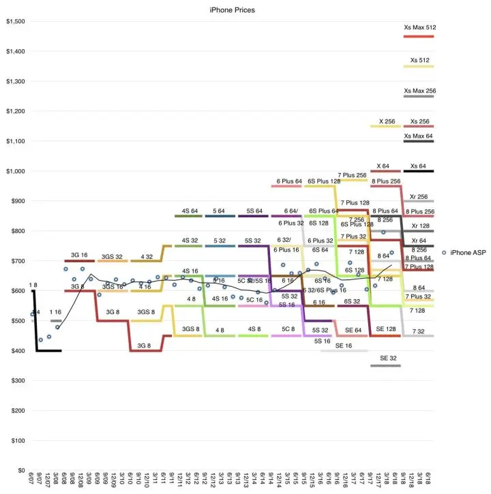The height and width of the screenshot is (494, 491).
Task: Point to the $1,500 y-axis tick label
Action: pyautogui.click(x=15, y=21)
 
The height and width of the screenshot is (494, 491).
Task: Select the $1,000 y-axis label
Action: pyautogui.click(x=15, y=171)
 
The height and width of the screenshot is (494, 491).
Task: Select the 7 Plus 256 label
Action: pyautogui.click(x=353, y=175)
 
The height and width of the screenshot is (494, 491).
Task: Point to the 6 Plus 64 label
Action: pyautogui.click(x=289, y=181)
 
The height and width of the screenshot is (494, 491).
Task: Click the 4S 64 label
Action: pyautogui.click(x=190, y=211)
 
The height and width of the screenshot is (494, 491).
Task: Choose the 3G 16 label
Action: pyautogui.click(x=78, y=255)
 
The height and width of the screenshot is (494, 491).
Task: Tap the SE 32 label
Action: pyautogui.click(x=389, y=358)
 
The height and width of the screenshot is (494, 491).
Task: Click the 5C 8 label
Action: pyautogui.click(x=289, y=330)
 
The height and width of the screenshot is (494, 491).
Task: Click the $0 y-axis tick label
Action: pyautogui.click(x=20, y=470)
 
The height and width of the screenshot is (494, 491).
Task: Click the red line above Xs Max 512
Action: pyautogui.click(x=419, y=36)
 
